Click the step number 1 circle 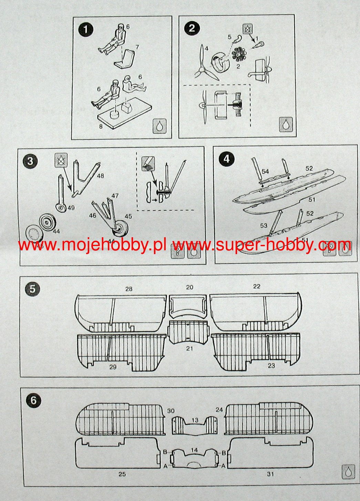(86, 30)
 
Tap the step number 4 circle (227, 159)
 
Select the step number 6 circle (33, 400)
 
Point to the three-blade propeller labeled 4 (203, 65)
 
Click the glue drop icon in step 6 (348, 471)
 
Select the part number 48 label (100, 176)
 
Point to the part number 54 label (265, 171)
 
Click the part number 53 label (264, 226)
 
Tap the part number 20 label (189, 287)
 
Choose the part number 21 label (189, 348)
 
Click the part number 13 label (195, 420)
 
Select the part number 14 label (194, 450)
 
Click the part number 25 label (122, 474)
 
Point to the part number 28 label (128, 289)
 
